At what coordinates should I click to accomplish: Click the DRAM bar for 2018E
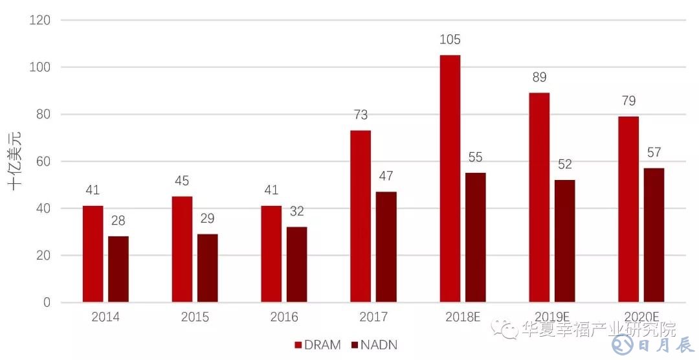click(450, 179)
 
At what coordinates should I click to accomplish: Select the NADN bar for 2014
click(118, 269)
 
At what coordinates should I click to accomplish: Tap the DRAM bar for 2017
click(361, 216)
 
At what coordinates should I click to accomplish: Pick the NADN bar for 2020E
click(654, 235)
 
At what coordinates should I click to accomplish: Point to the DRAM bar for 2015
click(182, 249)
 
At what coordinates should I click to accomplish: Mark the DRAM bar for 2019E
click(539, 197)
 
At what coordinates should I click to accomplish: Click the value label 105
click(450, 40)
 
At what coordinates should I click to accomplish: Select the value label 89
click(539, 78)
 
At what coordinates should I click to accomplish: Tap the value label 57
click(654, 153)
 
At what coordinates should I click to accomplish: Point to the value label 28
click(118, 221)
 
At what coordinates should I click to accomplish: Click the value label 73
click(361, 115)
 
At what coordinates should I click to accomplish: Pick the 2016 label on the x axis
click(284, 317)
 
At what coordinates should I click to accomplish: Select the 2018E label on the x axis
click(462, 317)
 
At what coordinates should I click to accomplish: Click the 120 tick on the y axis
click(41, 20)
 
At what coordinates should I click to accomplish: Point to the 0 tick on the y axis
click(47, 302)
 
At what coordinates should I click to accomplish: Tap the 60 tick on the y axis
click(43, 161)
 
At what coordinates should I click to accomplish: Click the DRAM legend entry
click(318, 344)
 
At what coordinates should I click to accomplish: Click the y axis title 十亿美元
click(15, 161)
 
